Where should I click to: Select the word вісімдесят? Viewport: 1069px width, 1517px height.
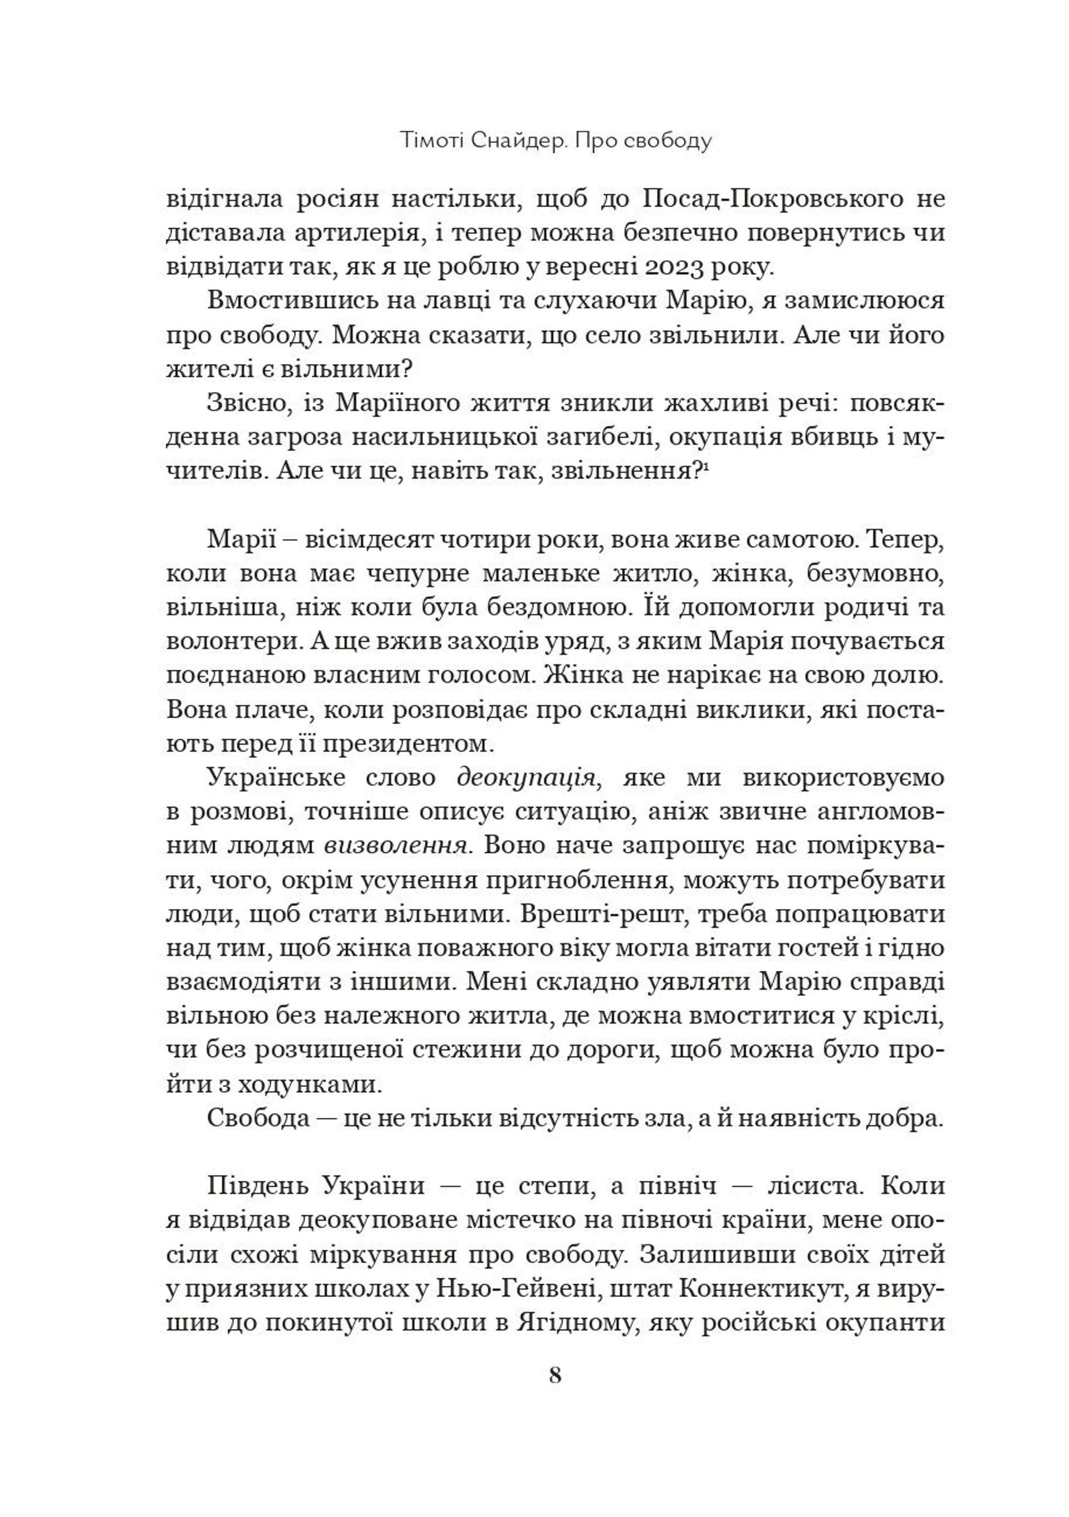pos(372,540)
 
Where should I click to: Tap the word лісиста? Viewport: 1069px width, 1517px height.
pos(815,1187)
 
